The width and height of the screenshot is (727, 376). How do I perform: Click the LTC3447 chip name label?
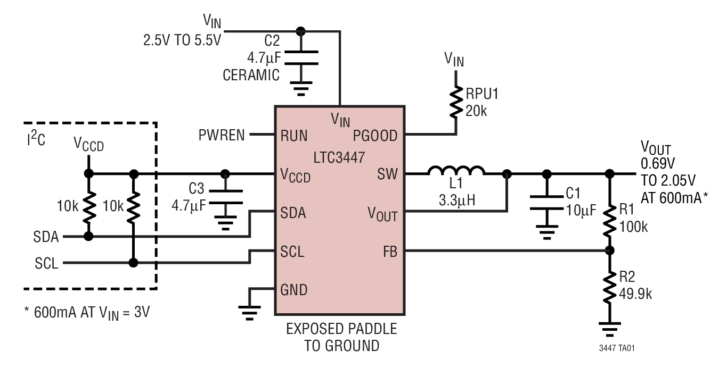pos(339,158)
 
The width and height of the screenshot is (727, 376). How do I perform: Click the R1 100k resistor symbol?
pos(610,219)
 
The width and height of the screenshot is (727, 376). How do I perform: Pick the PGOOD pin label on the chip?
pos(375,136)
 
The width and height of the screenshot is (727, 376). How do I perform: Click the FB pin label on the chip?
pos(389,251)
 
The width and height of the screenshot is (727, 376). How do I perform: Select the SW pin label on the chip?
pos(387,174)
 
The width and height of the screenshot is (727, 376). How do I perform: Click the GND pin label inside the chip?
pos(293,290)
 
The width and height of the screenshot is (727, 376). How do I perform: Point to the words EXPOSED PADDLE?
pos(341,329)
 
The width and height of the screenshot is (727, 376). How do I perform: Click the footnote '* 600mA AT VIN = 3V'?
pos(87,312)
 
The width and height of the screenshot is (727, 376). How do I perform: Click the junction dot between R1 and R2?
pos(610,250)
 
